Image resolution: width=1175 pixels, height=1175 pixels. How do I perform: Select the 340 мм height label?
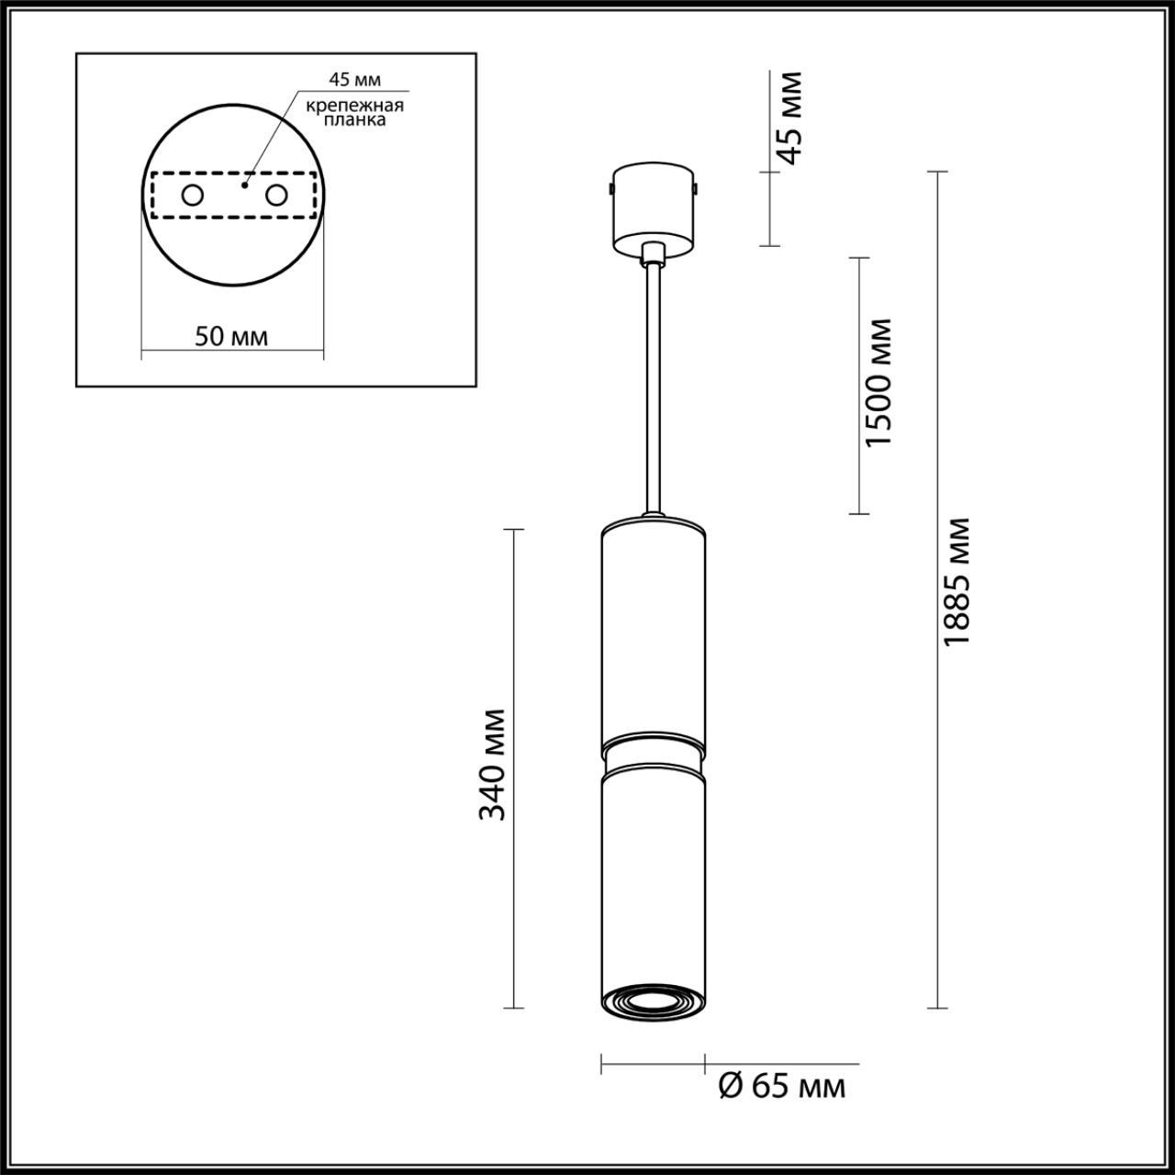493,764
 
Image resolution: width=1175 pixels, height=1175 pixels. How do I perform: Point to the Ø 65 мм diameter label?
779,1087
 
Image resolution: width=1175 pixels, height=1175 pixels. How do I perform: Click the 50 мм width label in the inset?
231,336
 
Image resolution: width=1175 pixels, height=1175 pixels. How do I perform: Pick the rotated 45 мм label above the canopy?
787,117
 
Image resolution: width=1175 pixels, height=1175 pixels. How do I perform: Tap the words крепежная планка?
354,112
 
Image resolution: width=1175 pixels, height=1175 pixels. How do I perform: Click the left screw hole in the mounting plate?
193,195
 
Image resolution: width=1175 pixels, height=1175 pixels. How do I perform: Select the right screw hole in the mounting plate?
275,195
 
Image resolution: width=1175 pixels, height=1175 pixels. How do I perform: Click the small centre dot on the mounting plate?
243,185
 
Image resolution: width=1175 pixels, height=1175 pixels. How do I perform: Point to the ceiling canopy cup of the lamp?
653,207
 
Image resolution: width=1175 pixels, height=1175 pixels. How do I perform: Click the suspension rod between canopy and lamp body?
653,386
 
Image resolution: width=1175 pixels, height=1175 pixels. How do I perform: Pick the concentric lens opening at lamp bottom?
653,1002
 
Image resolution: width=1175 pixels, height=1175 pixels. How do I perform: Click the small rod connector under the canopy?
653,254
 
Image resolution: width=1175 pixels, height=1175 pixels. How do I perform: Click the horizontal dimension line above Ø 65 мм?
653,1064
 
